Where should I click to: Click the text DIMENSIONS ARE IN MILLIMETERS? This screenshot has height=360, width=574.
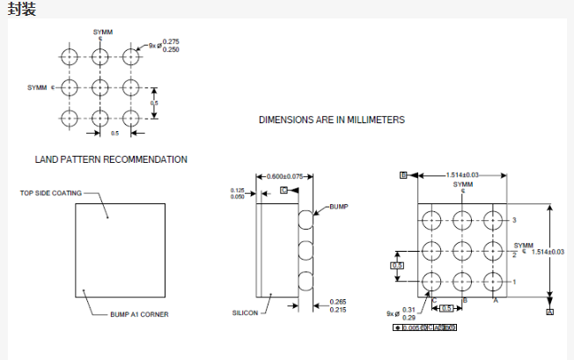coord(331,119)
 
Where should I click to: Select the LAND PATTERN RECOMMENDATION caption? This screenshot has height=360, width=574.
coord(111,160)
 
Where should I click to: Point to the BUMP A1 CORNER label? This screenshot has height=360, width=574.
coord(139,314)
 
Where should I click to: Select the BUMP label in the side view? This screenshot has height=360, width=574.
coord(339,207)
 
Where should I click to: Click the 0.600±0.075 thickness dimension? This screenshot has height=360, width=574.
coord(284,176)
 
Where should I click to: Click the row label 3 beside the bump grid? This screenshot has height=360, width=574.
coord(514,219)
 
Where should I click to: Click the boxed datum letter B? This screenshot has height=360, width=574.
coord(402,175)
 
